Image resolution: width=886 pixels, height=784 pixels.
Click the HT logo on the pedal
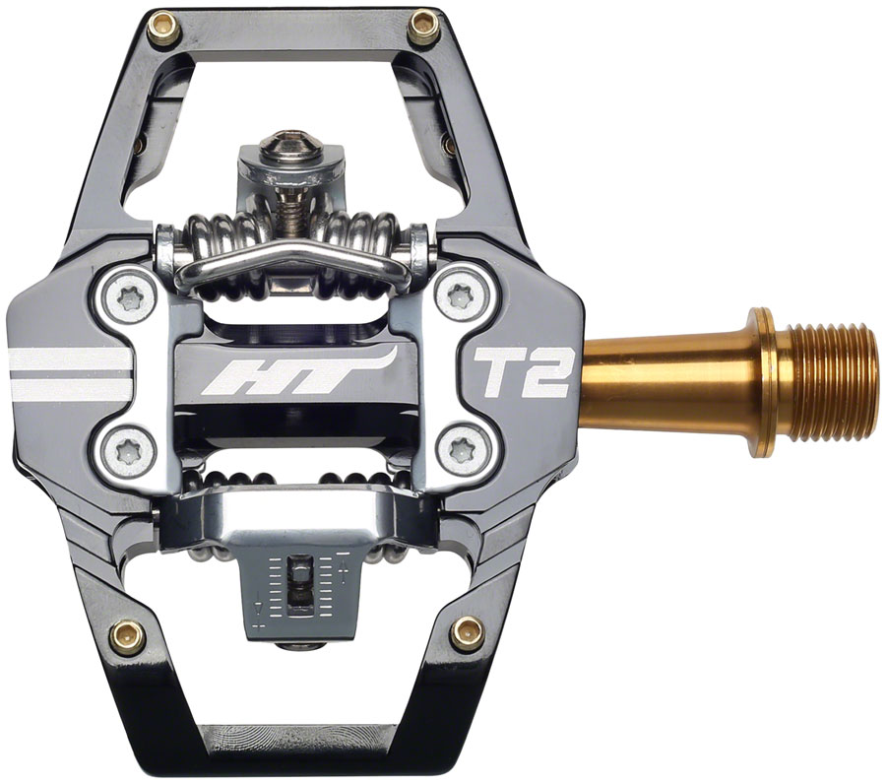pyautogui.click(x=292, y=377)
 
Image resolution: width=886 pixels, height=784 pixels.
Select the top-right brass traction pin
pyautogui.click(x=424, y=27)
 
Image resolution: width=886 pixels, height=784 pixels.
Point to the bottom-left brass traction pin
pyautogui.click(x=128, y=635)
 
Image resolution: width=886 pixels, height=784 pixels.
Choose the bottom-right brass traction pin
pyautogui.click(x=468, y=632)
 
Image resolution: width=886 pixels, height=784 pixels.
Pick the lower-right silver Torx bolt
pyautogui.click(x=459, y=451)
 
